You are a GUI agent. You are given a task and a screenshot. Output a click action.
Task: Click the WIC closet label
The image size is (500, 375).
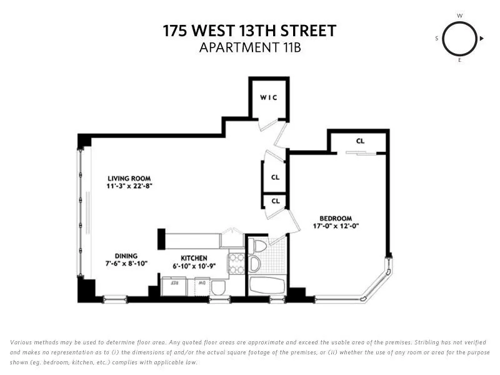(268, 97)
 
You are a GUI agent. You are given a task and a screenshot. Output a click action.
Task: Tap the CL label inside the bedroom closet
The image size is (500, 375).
(360, 141)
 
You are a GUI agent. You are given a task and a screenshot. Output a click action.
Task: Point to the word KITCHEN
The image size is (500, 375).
(194, 257)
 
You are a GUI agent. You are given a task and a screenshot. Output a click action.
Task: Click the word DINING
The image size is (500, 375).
(126, 256)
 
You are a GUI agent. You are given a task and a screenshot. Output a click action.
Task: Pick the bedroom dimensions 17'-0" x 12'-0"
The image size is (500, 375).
(337, 226)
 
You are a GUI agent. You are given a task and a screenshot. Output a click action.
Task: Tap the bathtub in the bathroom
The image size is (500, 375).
(267, 286)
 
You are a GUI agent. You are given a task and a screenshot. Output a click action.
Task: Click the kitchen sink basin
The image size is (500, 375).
(218, 287)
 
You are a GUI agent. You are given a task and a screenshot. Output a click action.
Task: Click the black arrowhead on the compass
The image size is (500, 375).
(482, 39)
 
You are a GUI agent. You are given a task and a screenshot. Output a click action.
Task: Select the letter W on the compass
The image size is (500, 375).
(460, 15)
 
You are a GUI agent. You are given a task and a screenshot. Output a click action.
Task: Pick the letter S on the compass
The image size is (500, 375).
(437, 39)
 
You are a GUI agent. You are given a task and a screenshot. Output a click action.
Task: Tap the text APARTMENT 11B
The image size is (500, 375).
(250, 47)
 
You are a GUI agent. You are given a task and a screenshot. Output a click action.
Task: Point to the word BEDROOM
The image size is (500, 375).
(337, 217)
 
